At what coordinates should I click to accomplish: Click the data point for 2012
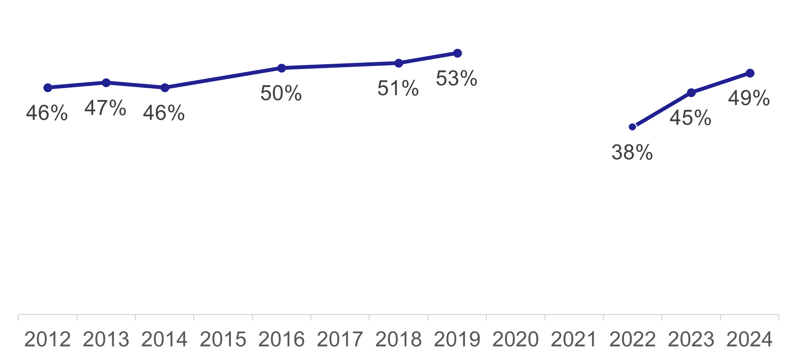coord(48,88)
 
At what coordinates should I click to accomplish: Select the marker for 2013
coord(106,83)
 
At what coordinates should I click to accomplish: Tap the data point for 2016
coord(281,68)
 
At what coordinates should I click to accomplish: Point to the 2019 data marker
coord(457,53)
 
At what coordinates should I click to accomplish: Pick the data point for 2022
coord(632,127)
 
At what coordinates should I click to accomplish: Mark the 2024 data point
coord(750,73)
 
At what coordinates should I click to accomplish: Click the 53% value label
coord(457,79)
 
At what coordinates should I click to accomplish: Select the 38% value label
coord(632,152)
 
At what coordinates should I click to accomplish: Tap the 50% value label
coord(281,93)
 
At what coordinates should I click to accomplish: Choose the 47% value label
coord(105,108)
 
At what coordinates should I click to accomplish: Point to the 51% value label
coord(398,88)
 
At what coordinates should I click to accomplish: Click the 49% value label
coord(749,98)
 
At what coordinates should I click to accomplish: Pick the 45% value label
coord(690,118)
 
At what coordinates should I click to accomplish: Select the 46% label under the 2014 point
coord(164,113)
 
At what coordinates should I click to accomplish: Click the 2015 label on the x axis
coord(223,339)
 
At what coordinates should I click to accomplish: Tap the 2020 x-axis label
coord(516,339)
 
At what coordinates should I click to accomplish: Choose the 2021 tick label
coord(574,339)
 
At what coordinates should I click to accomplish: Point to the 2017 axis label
coord(340,339)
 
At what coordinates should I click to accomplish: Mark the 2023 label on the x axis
coord(691,339)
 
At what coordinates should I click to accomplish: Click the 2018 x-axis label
coord(399,339)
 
